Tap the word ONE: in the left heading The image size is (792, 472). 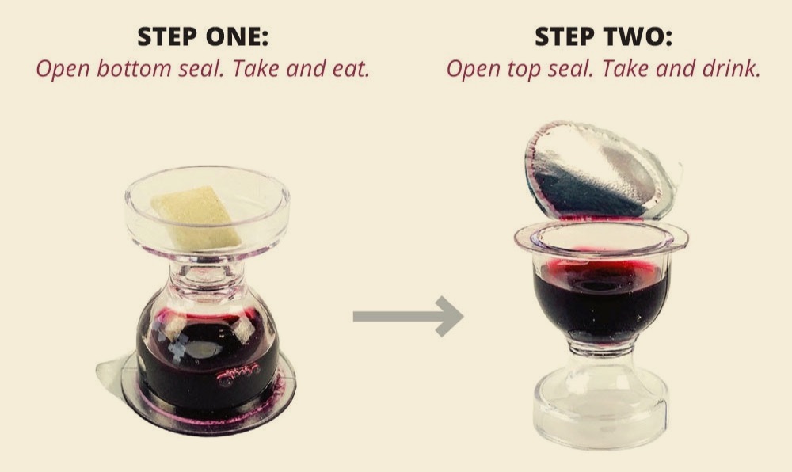(x=238, y=37)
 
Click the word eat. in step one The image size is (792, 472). (x=351, y=69)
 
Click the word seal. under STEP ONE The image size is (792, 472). (x=201, y=68)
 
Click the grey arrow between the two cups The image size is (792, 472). (x=408, y=317)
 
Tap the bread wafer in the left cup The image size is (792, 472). (x=196, y=216)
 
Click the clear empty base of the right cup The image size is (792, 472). (x=600, y=409)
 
